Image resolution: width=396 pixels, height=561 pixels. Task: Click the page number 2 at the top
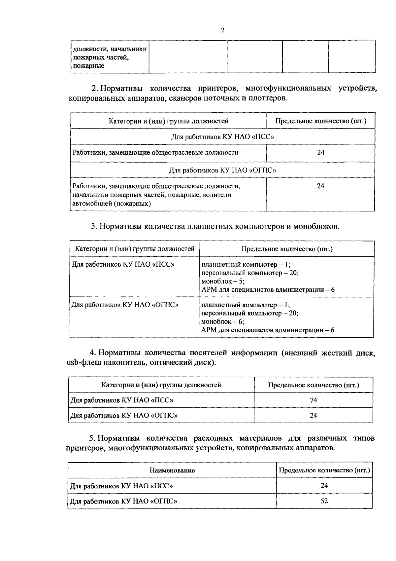click(222, 30)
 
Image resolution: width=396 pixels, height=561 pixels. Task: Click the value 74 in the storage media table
click(313, 400)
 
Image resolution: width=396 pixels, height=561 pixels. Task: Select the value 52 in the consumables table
click(324, 501)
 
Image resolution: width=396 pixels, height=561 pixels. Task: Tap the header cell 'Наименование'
click(172, 470)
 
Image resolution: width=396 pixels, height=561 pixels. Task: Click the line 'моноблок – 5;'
click(223, 281)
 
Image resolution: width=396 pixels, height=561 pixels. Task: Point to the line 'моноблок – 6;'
click(223, 321)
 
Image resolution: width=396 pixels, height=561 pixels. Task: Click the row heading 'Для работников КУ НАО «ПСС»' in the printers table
click(222, 136)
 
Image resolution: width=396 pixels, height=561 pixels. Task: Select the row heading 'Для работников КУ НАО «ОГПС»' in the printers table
click(222, 170)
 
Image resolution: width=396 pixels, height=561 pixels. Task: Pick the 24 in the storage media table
click(313, 415)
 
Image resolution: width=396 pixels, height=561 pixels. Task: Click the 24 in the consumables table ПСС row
click(324, 486)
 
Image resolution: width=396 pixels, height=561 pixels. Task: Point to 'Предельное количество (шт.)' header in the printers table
click(321, 121)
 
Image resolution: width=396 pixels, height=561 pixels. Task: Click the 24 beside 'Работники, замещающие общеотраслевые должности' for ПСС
click(320, 152)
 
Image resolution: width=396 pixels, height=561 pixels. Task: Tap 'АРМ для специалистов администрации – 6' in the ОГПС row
click(268, 330)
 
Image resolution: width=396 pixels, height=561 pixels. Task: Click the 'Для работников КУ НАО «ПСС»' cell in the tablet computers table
click(123, 265)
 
